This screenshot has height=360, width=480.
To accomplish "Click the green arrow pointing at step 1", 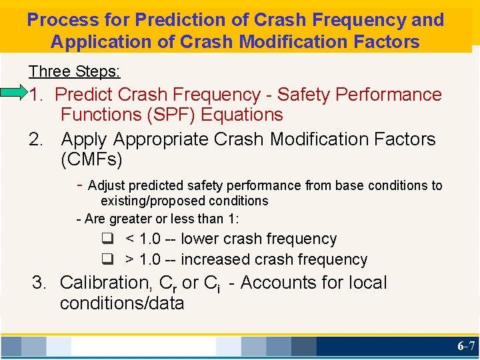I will (13, 93).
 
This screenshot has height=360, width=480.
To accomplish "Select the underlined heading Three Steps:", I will (74, 71).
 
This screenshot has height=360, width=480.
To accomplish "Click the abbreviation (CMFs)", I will (91, 160).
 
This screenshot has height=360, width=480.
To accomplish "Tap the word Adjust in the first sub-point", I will (106, 186).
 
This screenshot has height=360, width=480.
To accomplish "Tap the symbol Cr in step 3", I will (167, 284).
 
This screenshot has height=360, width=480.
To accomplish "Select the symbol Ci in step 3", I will (212, 284).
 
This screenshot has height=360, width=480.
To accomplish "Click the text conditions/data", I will (122, 303).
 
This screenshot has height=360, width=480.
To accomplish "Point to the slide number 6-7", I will (466, 346).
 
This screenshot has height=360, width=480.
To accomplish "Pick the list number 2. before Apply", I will (37, 139).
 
